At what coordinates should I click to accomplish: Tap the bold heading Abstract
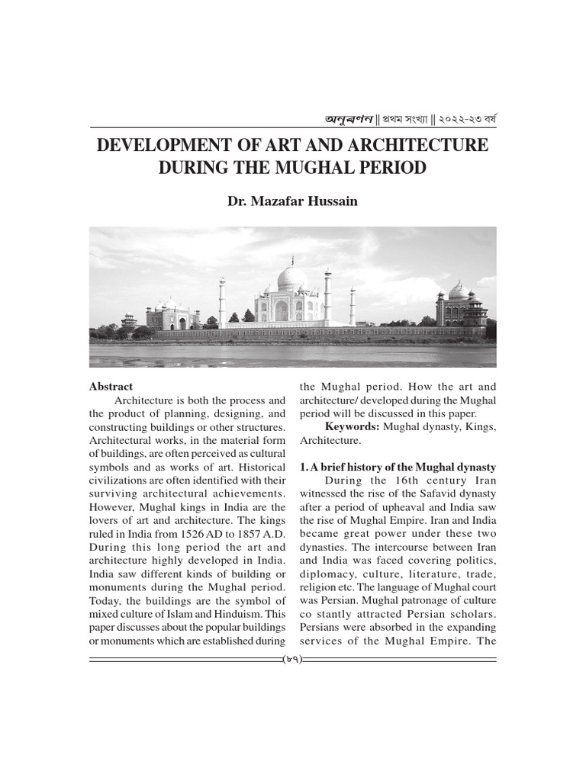tap(111, 387)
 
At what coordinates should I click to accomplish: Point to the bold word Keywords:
tap(352, 426)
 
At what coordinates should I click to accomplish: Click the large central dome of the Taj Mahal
tap(292, 277)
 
